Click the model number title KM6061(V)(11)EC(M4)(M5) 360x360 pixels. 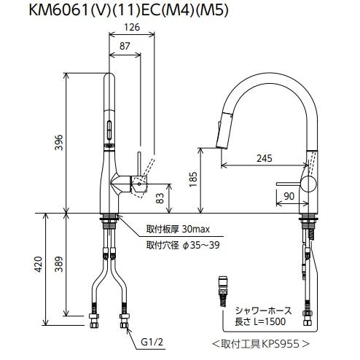(x=128, y=10)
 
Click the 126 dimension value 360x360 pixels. (x=132, y=27)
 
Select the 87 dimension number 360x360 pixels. (x=125, y=46)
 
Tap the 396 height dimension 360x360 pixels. (x=58, y=142)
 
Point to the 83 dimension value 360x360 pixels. (x=160, y=198)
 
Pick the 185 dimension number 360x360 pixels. (x=194, y=179)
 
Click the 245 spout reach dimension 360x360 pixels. (x=265, y=158)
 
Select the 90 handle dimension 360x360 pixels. (x=289, y=196)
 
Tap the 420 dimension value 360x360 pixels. (x=38, y=264)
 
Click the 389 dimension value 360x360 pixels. (x=58, y=264)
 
